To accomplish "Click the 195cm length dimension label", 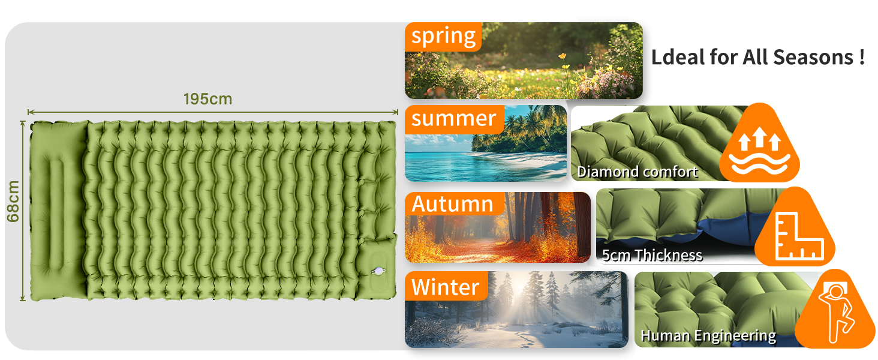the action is click(x=208, y=99).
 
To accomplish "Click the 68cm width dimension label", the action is click(x=13, y=201).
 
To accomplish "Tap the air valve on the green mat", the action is click(x=378, y=270).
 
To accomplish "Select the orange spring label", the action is click(x=443, y=37).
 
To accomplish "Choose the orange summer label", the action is click(x=454, y=119).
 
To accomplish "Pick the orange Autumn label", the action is click(x=454, y=204).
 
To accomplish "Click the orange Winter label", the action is click(x=446, y=286).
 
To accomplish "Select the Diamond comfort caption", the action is click(x=638, y=172).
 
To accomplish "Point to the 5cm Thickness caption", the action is click(x=652, y=255).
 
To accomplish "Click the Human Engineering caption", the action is click(x=708, y=335).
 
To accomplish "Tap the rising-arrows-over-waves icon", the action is click(x=759, y=151).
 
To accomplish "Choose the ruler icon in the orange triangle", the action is click(x=799, y=236).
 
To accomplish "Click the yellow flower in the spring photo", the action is click(x=563, y=56).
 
